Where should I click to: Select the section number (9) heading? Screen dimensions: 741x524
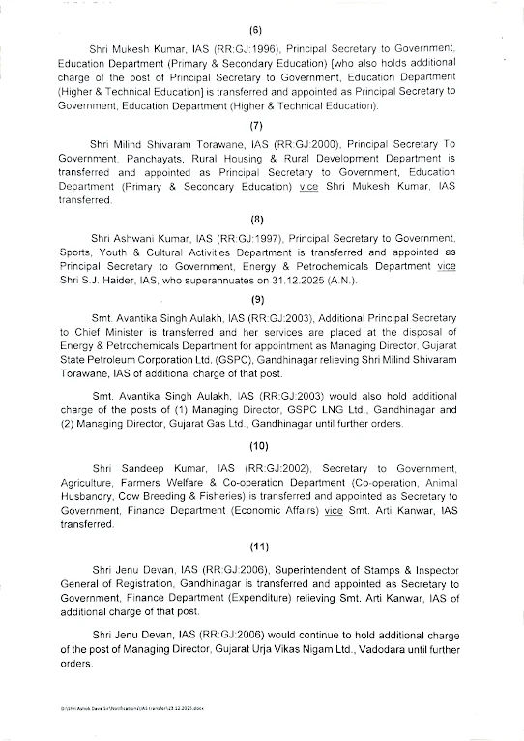point(256,299)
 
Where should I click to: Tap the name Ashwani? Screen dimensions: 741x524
point(133,238)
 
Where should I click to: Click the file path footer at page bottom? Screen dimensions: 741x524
point(135,708)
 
